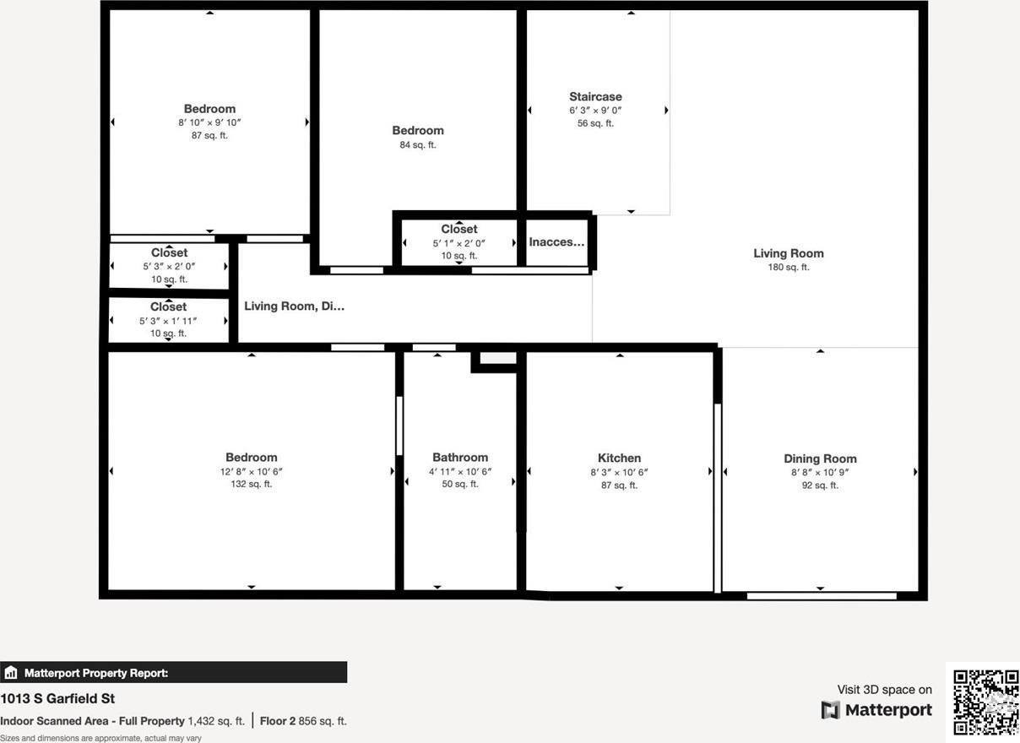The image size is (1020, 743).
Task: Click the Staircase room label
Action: (x=595, y=97)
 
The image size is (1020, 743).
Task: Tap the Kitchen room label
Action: (x=619, y=458)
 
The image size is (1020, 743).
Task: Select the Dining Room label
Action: (x=820, y=458)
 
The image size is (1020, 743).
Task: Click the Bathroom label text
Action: (x=460, y=457)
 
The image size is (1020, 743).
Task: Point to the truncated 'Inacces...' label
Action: (x=556, y=242)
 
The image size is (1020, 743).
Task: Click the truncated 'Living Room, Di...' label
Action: (x=294, y=306)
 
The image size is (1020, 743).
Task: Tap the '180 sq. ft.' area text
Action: (x=788, y=268)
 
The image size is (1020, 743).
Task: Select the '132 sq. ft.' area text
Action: (x=251, y=485)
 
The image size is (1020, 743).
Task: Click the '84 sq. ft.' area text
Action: (x=417, y=145)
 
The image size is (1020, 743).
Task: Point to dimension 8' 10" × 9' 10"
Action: (x=209, y=122)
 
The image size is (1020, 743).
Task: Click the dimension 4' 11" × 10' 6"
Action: (x=460, y=472)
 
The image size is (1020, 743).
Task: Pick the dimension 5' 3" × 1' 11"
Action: (x=168, y=321)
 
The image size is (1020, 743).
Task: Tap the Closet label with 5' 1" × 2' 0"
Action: (x=458, y=229)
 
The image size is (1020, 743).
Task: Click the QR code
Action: (x=985, y=702)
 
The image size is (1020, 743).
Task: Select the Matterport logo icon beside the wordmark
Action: (x=831, y=710)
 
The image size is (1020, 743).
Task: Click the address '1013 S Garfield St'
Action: (x=57, y=698)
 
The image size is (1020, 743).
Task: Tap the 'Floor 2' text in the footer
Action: (x=277, y=721)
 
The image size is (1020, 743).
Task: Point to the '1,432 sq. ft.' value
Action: (x=216, y=721)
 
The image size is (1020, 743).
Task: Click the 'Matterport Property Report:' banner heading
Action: (x=95, y=673)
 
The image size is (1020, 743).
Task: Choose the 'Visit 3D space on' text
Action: (x=884, y=690)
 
